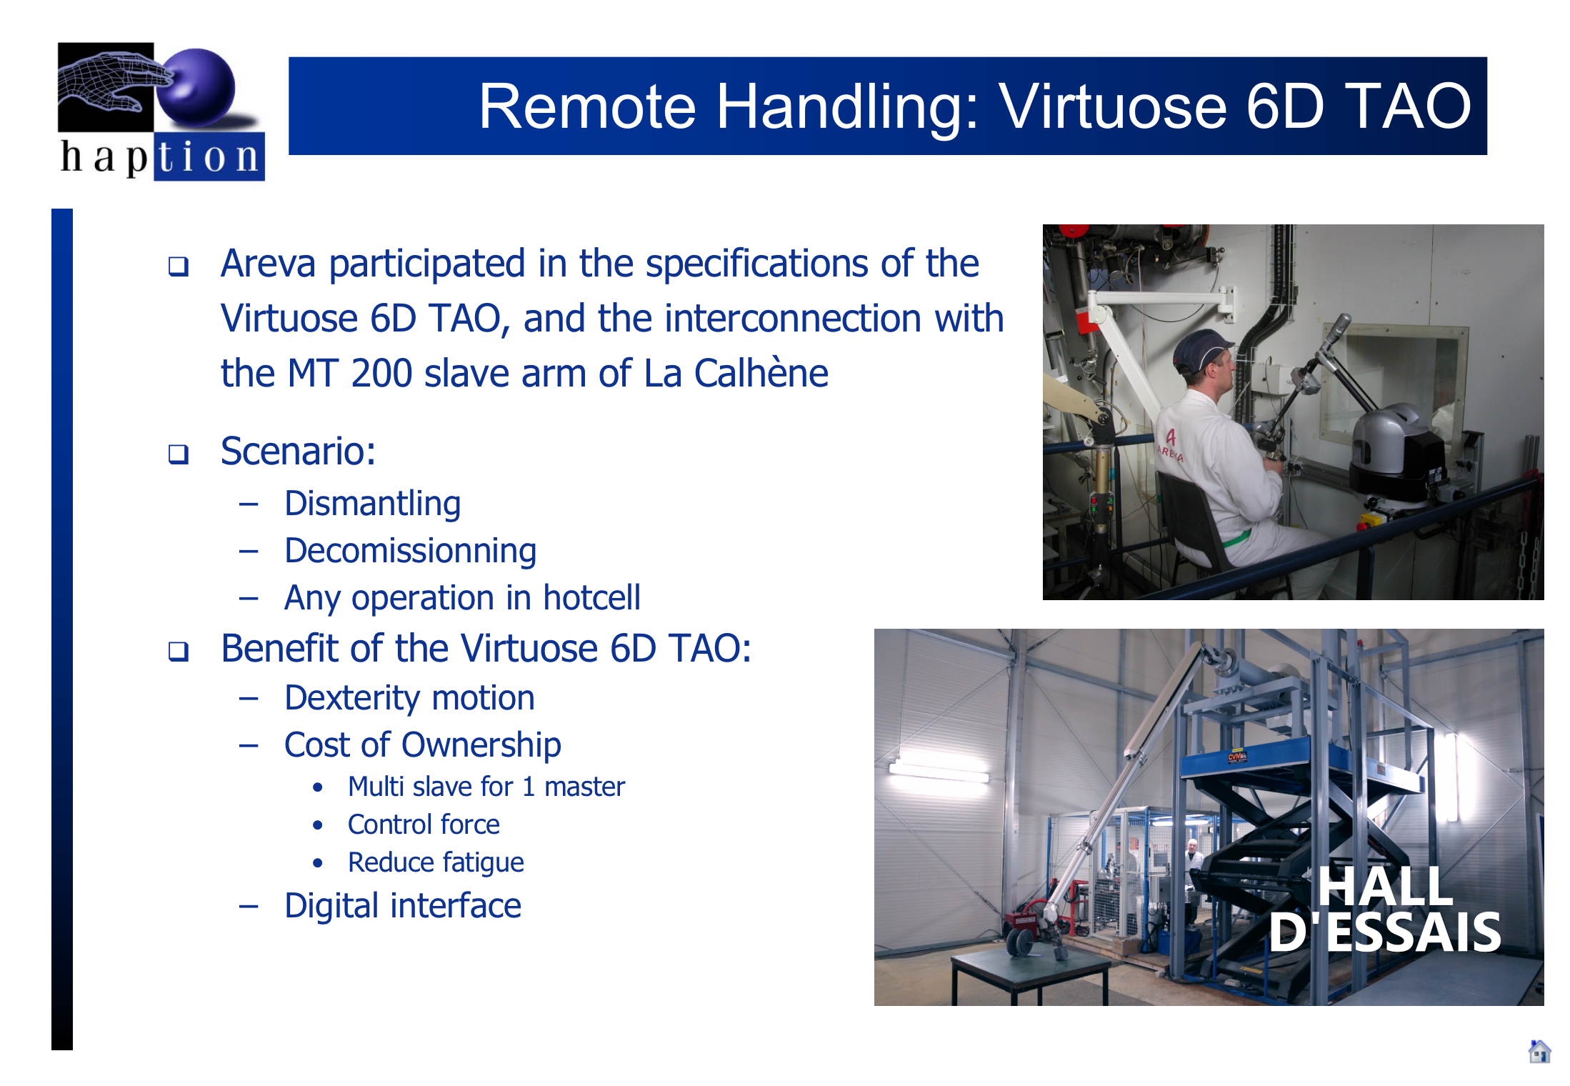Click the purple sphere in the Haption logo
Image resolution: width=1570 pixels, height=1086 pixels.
196,87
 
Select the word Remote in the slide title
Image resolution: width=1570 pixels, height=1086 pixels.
587,106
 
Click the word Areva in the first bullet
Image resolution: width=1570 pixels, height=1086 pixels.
268,264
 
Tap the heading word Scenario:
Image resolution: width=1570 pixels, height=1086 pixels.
299,451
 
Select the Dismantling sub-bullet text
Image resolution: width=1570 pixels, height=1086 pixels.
372,504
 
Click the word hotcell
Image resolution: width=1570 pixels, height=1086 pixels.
591,597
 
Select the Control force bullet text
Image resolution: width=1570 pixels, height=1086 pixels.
424,825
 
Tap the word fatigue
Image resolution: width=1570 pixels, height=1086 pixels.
483,863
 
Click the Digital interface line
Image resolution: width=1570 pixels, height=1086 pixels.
403,906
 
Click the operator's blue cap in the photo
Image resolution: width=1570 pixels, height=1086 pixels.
1201,349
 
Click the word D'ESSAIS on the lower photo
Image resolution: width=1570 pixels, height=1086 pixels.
1385,932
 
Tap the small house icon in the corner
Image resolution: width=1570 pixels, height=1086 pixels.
1539,1051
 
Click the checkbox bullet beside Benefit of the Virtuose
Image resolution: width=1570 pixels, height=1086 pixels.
179,651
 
